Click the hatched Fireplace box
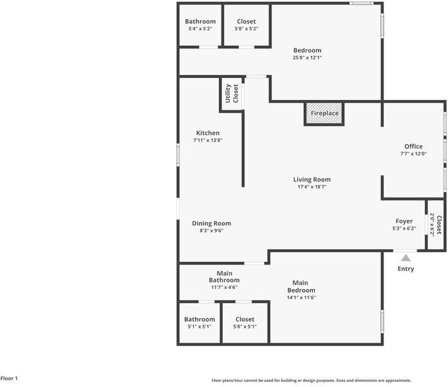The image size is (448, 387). [x=324, y=114]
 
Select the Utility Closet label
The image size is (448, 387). [x=232, y=94]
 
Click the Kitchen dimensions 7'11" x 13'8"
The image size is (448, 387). [x=208, y=140]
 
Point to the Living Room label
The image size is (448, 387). [x=312, y=180]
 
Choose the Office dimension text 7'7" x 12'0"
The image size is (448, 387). [x=413, y=154]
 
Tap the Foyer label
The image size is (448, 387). [x=404, y=221]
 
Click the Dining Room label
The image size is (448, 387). [x=211, y=224]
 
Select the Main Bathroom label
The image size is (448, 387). [x=224, y=277]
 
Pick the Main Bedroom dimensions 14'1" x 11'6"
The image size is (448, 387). [x=300, y=298]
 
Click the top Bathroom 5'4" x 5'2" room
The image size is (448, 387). [x=200, y=25]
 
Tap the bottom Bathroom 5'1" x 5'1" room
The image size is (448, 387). [x=200, y=322]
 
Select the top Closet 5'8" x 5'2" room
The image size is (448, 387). [x=246, y=25]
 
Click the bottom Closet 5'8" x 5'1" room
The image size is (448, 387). [x=245, y=322]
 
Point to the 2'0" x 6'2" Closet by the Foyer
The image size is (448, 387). [x=436, y=224]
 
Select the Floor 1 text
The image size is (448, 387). [x=9, y=379]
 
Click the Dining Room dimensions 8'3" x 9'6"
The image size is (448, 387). [x=211, y=231]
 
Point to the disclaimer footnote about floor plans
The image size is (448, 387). [x=312, y=381]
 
